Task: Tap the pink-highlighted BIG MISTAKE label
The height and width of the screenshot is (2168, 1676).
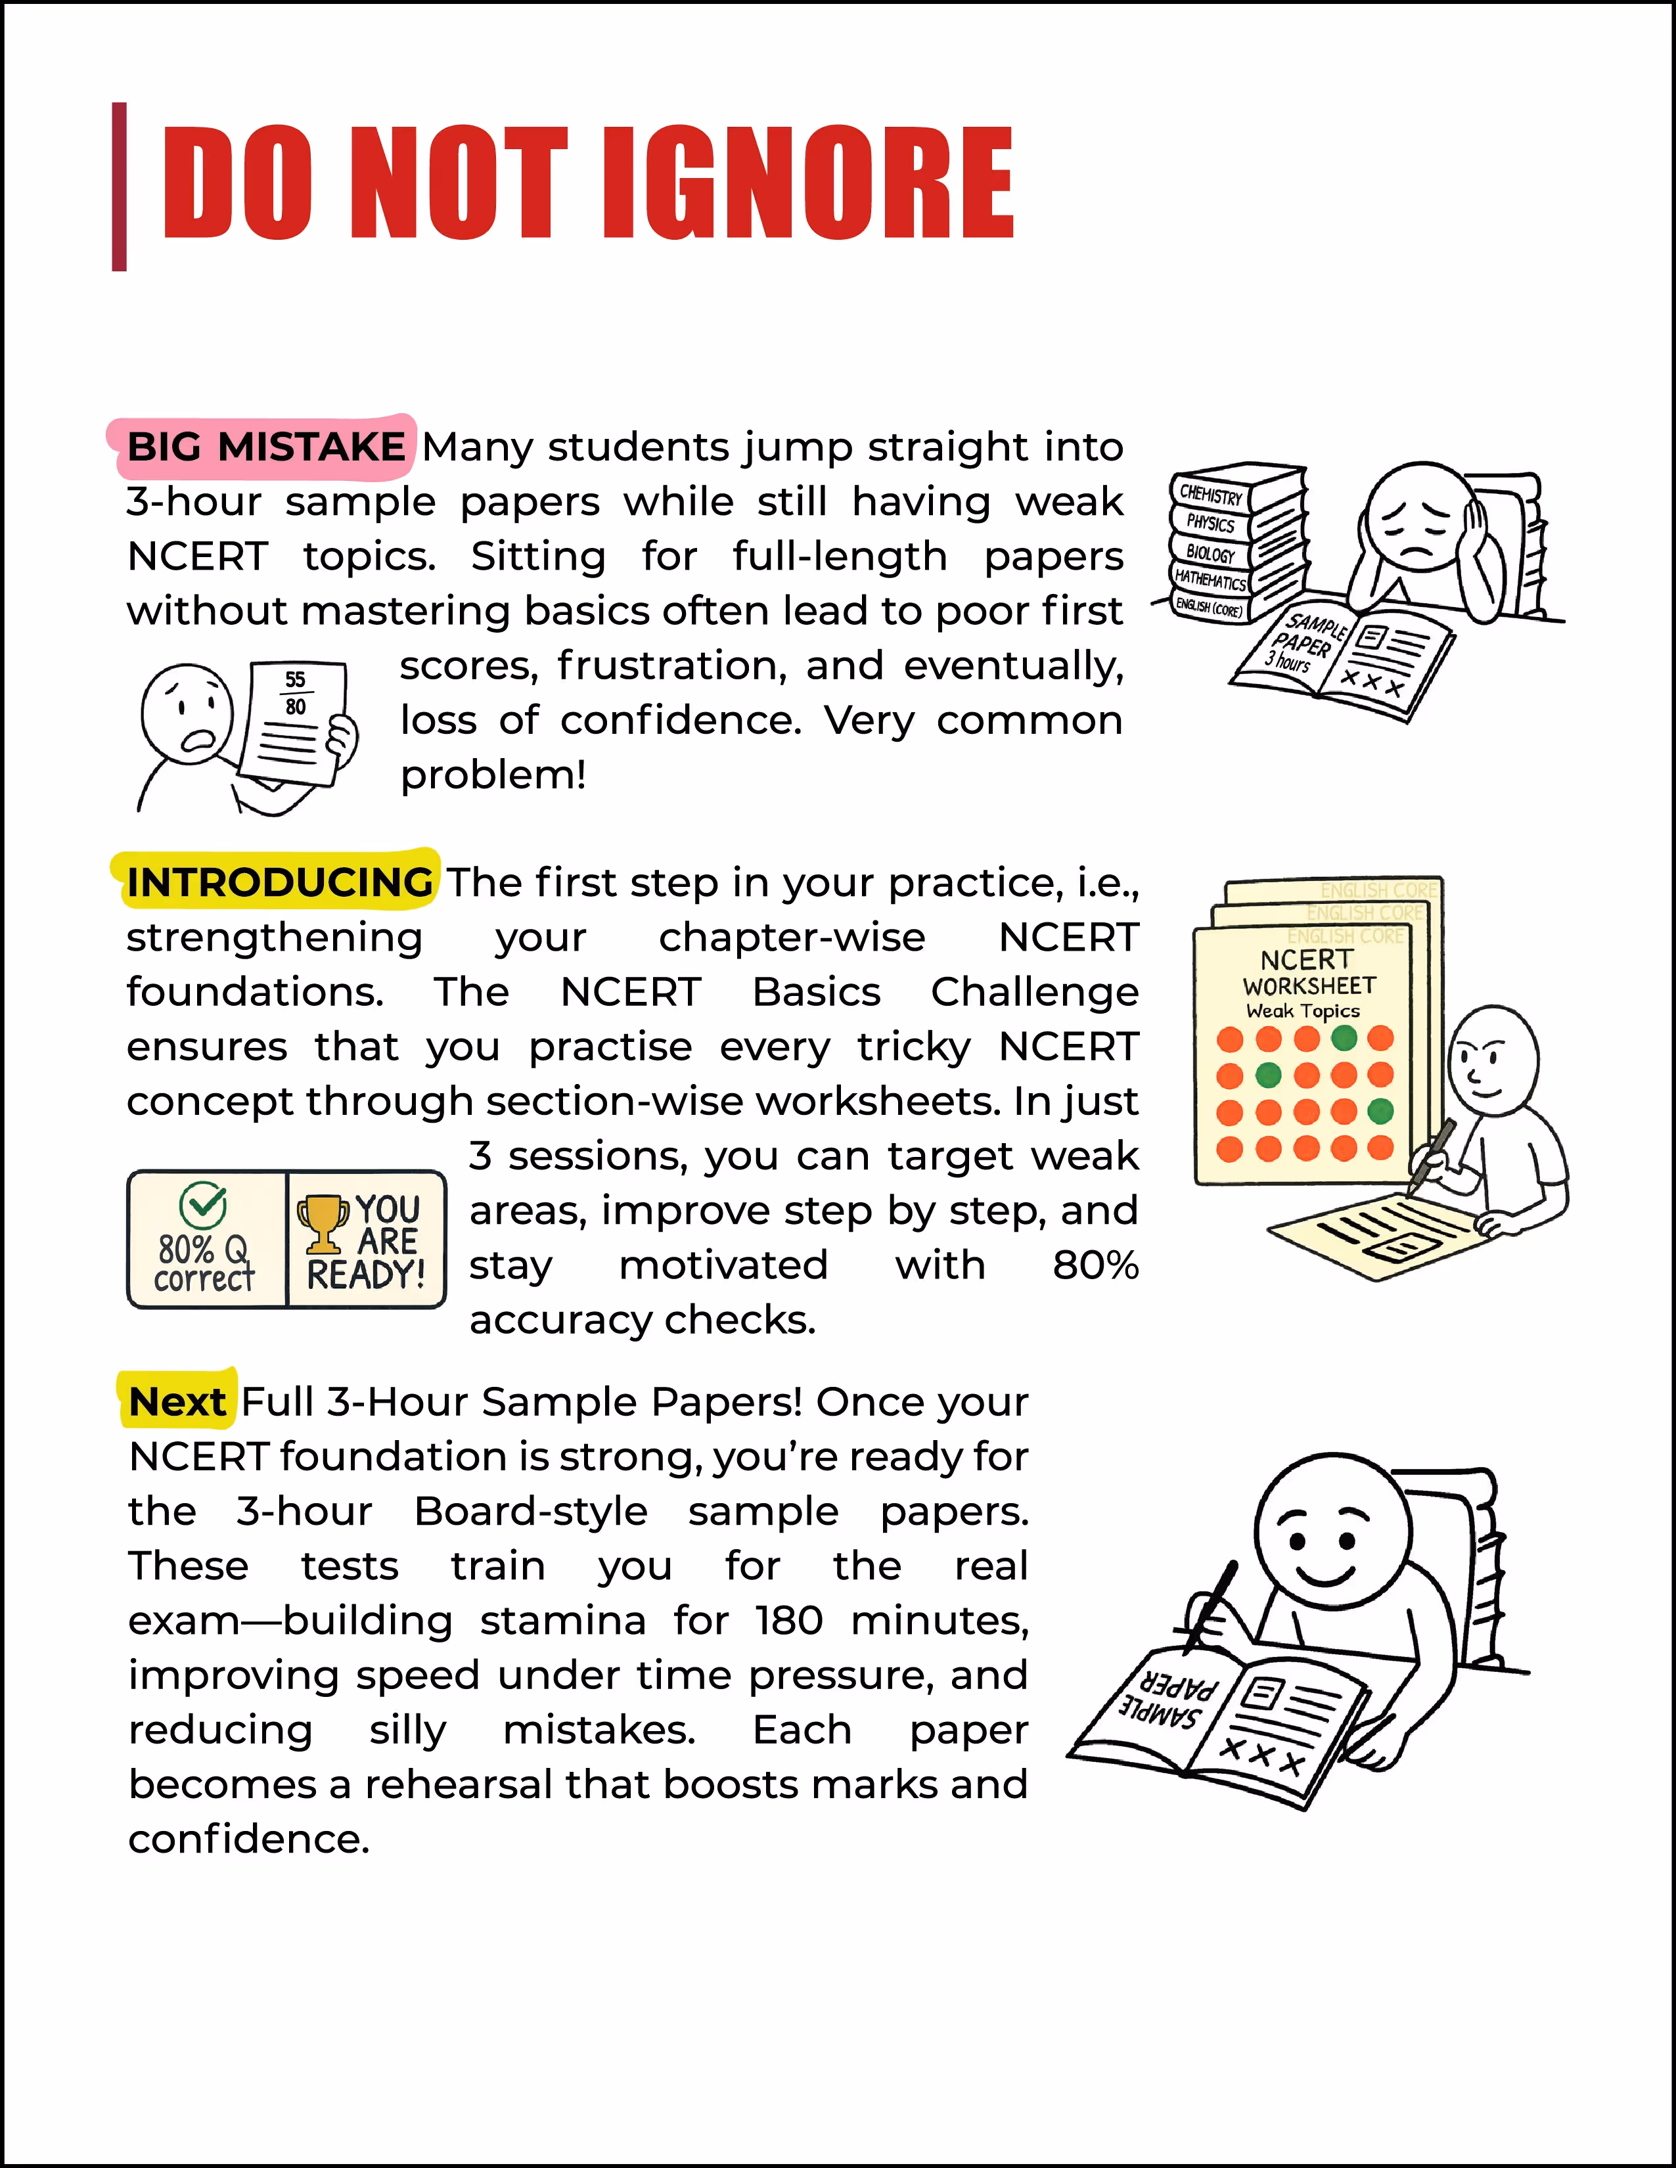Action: click(265, 447)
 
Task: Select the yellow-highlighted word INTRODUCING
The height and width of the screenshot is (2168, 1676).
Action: click(279, 882)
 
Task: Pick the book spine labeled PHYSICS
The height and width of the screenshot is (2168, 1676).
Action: click(1210, 523)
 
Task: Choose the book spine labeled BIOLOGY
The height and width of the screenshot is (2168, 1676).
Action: click(1210, 553)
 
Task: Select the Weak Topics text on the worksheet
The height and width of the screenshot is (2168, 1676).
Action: click(1303, 1010)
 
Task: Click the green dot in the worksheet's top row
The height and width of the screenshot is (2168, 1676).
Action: click(1344, 1038)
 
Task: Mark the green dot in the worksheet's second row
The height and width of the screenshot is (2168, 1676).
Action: click(1268, 1075)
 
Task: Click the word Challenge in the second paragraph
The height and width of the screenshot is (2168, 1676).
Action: click(1033, 991)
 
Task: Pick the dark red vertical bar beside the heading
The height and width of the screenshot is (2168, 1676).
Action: click(119, 187)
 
